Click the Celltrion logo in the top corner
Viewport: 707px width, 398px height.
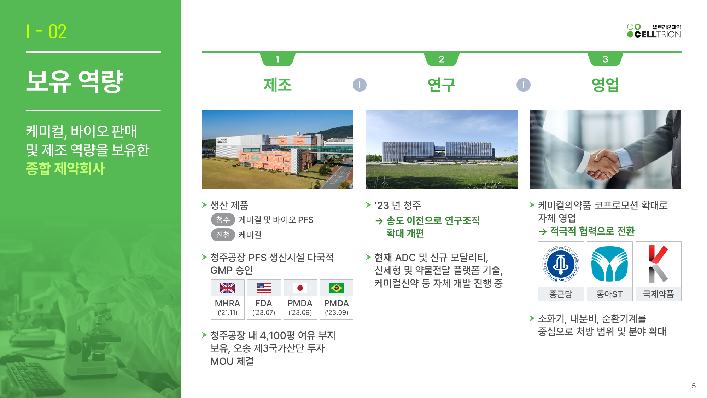(654, 31)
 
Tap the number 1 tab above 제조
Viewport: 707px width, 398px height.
(277, 59)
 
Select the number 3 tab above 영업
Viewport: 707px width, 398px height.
(605, 59)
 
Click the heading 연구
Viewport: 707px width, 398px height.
(442, 85)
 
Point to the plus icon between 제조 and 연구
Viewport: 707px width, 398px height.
(360, 85)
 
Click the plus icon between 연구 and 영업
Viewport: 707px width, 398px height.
(524, 85)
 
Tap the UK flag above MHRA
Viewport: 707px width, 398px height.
(227, 288)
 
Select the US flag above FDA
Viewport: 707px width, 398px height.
(264, 288)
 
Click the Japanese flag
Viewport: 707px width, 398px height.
(300, 288)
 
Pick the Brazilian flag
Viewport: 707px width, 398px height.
(337, 288)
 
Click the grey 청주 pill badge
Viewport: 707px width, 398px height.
(223, 220)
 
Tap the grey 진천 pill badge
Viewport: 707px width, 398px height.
(223, 235)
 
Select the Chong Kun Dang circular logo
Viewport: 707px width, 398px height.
(561, 264)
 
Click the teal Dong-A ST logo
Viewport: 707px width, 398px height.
(609, 264)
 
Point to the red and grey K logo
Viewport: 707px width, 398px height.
(658, 264)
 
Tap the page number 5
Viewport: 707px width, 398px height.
(694, 386)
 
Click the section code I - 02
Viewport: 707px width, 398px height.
(46, 31)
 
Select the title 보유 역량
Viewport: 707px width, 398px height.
(75, 81)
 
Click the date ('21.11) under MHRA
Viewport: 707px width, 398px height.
(227, 312)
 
